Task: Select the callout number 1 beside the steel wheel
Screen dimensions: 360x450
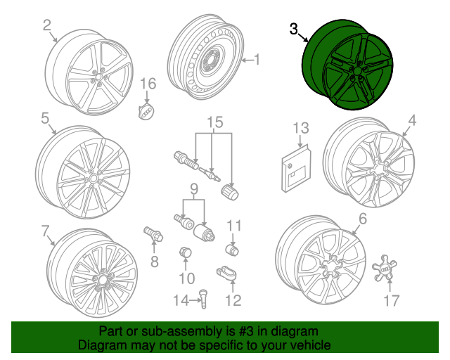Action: pos(256,60)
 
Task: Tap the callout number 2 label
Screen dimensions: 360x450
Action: pos(47,26)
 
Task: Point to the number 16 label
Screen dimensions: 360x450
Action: pos(147,83)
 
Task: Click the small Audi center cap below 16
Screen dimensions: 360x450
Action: pos(146,111)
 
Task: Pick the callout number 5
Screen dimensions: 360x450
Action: pos(44,119)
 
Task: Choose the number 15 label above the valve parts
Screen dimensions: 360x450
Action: pos(214,122)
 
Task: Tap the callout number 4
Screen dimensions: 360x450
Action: pos(413,121)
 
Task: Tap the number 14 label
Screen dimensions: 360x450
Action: pos(181,301)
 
